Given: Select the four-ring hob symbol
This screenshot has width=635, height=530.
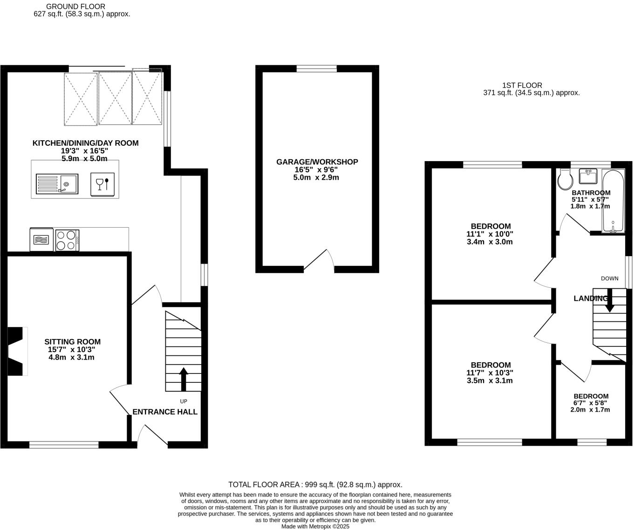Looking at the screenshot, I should pyautogui.click(x=67, y=240).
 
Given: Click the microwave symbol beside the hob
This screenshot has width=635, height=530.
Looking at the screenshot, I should pyautogui.click(x=42, y=240).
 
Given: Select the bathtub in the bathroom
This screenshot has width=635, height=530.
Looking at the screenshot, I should pyautogui.click(x=613, y=202).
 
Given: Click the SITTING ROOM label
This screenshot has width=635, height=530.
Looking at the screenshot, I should pyautogui.click(x=72, y=342).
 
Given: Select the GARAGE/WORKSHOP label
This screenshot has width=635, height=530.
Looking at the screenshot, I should pyautogui.click(x=317, y=162).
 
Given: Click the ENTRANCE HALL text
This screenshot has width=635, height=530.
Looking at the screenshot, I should pyautogui.click(x=165, y=412).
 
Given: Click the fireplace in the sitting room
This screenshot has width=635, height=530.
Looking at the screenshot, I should pyautogui.click(x=17, y=351).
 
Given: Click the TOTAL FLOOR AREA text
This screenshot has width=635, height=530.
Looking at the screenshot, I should pyautogui.click(x=315, y=484).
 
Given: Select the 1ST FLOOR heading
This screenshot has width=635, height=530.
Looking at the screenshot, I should pyautogui.click(x=522, y=85).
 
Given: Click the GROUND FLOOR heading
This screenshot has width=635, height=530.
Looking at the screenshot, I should pyautogui.click(x=75, y=7).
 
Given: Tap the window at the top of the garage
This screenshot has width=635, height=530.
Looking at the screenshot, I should pyautogui.click(x=316, y=69).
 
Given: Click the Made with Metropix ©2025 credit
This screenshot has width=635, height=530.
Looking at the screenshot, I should pyautogui.click(x=315, y=526).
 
